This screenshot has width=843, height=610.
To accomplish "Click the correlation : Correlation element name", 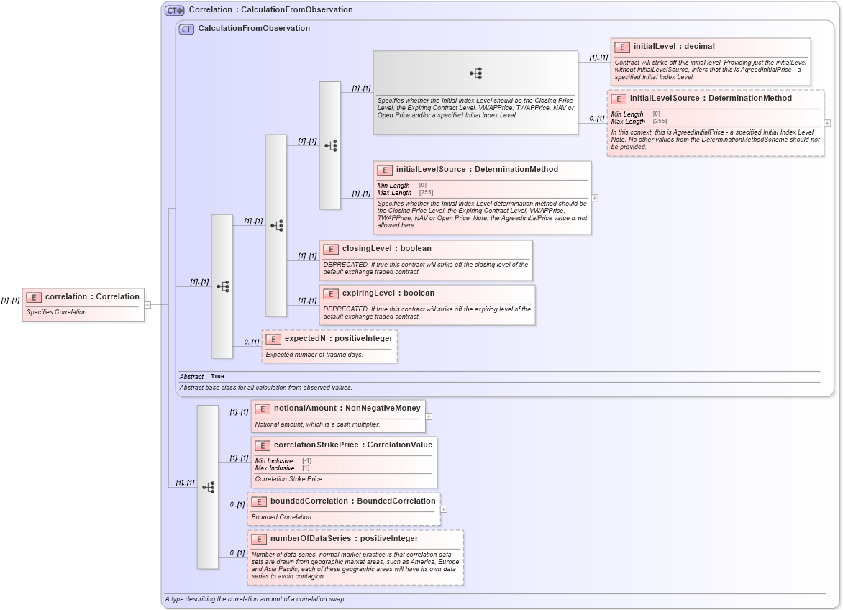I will pyautogui.click(x=92, y=296).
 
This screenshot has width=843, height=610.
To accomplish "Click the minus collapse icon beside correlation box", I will pyautogui.click(x=147, y=304).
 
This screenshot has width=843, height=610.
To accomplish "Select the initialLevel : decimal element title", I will pyautogui.click(x=674, y=46).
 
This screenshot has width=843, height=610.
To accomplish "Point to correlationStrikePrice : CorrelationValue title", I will pyautogui.click(x=352, y=445).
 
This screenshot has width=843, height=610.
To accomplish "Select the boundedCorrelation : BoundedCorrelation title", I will pyautogui.click(x=352, y=501).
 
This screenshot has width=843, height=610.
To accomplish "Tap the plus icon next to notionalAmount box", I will pyautogui.click(x=429, y=416).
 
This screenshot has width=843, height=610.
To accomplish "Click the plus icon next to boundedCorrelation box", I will pyautogui.click(x=444, y=509).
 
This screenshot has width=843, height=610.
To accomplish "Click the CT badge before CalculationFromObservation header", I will pyautogui.click(x=186, y=29).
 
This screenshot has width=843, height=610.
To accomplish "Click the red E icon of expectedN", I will pyautogui.click(x=273, y=339).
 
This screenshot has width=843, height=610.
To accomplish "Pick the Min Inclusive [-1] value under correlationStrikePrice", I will pyautogui.click(x=306, y=460).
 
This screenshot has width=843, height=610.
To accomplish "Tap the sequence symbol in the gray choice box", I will pyautogui.click(x=475, y=73).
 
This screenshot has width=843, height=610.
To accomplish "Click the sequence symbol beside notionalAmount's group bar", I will pyautogui.click(x=208, y=487).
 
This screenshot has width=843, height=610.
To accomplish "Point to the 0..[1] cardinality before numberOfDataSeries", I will pyautogui.click(x=237, y=552).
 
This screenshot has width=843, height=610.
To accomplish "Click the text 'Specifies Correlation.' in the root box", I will pyautogui.click(x=57, y=312).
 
